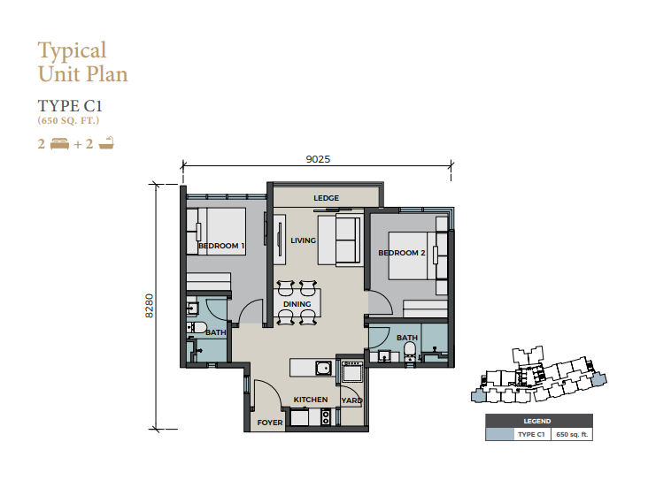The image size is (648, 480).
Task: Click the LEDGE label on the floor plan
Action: tap(326, 198)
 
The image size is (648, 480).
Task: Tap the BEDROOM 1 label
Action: tap(221, 246)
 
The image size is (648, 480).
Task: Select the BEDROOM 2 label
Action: tap(402, 253)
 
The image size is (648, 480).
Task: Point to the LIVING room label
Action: tap(303, 240)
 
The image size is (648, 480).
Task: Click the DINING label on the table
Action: tap(297, 304)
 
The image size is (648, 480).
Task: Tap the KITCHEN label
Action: tap(311, 400)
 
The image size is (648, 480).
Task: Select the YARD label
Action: tap(351, 400)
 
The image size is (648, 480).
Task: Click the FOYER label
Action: tap(270, 423)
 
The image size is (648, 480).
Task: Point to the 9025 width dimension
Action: tap(318, 159)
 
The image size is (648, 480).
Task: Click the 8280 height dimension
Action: tap(150, 306)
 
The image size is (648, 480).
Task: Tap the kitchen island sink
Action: tap(324, 368)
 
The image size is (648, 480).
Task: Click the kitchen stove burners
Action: tap(326, 416)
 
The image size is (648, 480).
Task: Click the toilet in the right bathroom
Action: tap(410, 353)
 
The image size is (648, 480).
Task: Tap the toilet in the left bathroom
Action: tap(197, 328)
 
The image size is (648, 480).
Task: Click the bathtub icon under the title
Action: tap(106, 143)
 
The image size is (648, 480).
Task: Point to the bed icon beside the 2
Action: tap(59, 144)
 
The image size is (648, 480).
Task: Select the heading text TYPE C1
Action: tap(70, 106)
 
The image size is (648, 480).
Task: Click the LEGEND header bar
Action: tap(539, 421)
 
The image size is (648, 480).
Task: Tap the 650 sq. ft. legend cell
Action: tap(572, 434)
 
